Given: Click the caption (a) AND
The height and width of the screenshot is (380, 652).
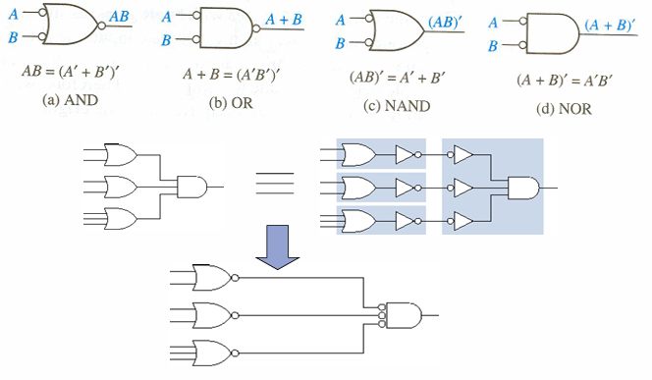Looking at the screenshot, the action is point(70,100).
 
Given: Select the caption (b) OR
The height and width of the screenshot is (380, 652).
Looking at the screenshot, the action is point(231,103).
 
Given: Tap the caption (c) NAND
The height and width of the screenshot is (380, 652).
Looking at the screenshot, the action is point(397,106).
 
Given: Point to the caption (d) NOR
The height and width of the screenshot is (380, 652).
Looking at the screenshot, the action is point(564,109).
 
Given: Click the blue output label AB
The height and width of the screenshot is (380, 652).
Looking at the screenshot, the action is point(119,17).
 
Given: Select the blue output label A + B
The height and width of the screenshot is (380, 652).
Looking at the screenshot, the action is point(283,19).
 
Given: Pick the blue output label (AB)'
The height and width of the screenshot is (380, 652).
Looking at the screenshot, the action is point(446,22).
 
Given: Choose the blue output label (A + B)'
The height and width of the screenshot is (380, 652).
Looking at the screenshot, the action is point(610,26).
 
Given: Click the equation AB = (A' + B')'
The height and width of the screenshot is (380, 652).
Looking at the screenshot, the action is point(71,72).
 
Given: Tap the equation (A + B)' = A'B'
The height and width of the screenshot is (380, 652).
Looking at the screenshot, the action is point(565,81).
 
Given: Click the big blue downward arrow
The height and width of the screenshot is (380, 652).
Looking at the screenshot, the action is point(277,247).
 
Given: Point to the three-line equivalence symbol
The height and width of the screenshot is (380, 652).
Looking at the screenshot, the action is point(274,184).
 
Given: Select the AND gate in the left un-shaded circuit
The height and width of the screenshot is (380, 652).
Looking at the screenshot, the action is point(192,188).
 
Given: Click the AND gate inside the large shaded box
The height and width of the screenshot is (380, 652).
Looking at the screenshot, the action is point(524,188).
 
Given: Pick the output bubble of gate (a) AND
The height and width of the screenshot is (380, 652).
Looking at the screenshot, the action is point(100,27).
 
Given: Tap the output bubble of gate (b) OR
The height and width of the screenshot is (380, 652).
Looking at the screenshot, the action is point(256,28).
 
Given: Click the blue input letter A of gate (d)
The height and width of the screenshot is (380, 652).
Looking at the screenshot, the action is point(493,23).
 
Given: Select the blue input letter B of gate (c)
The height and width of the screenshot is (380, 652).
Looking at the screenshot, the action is point(341,43).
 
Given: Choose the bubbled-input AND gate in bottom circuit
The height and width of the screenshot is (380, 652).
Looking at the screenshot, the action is point(400,315).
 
